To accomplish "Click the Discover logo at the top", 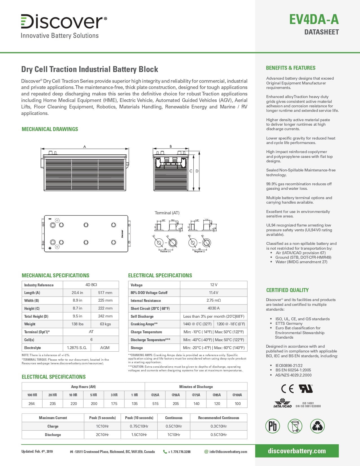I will pos(64,22).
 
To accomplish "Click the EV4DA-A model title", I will pos(314,19).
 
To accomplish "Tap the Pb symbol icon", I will pos(272,426).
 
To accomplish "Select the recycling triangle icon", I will pos(317,426).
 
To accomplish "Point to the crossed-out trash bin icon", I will pos(295,426).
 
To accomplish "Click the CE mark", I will pos(287,389).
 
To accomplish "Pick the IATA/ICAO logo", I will pos(282,403).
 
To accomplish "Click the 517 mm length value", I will pos(105,293).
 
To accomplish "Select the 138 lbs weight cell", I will pos(77,324).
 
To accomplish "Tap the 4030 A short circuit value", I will pos(213,308).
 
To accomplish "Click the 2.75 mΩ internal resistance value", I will pos(213,300).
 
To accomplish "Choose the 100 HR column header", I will pos(32,395).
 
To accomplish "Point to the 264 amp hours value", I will pos(32,404).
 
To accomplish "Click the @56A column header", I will pos(176,395).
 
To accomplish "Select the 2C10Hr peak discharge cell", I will pos(102,435).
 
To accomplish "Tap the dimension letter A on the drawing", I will pos(84,147).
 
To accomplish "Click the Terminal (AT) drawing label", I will pos(167,213).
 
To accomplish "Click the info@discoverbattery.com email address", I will pos(228,452).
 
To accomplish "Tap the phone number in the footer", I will pos(179,452).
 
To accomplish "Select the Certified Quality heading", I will pos(287,290).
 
